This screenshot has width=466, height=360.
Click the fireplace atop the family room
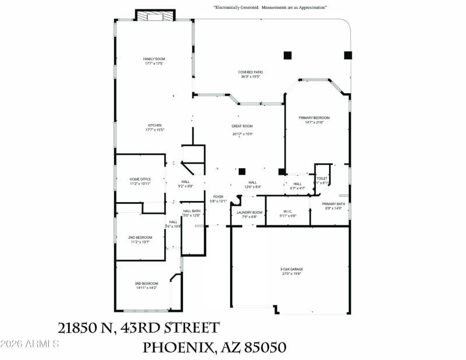[x=155, y=16]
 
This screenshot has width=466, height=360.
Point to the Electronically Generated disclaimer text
[x=270, y=8]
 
